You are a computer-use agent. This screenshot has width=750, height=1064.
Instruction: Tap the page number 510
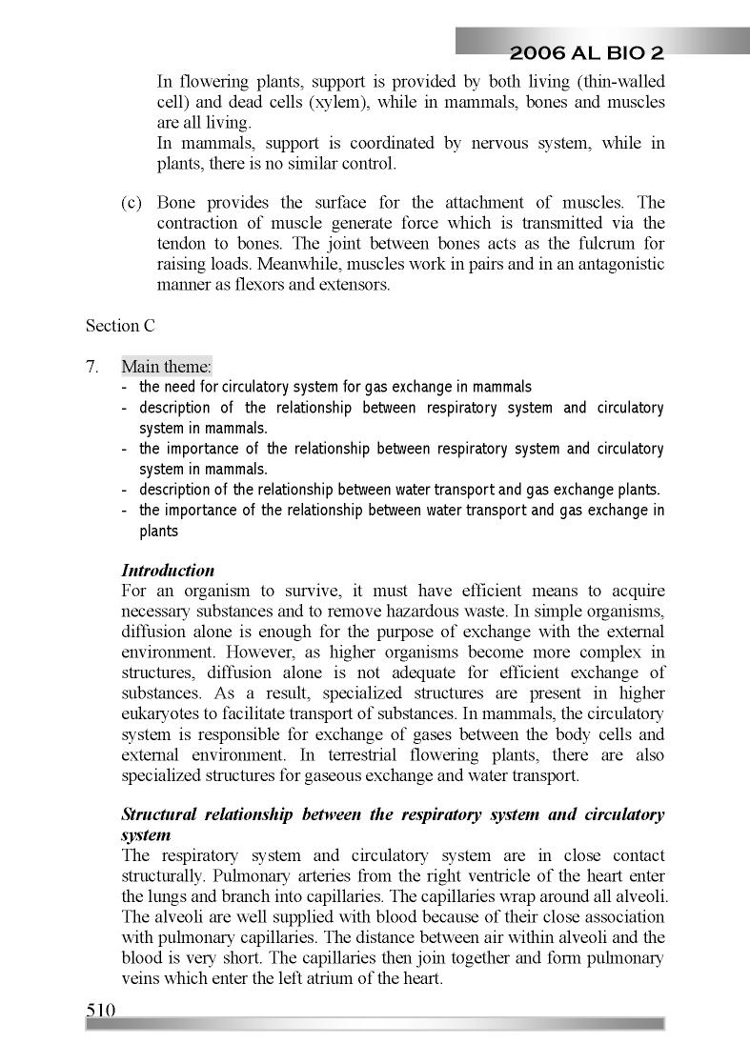pyautogui.click(x=100, y=1010)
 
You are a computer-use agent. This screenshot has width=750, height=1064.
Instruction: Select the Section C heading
pyautogui.click(x=120, y=326)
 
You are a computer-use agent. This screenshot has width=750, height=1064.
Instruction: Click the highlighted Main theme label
pyautogui.click(x=167, y=367)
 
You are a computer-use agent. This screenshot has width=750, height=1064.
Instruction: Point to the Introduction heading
pyautogui.click(x=168, y=571)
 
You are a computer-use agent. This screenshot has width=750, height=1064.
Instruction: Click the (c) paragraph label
pyautogui.click(x=132, y=203)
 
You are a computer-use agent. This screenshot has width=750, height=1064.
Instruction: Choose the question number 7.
pyautogui.click(x=92, y=367)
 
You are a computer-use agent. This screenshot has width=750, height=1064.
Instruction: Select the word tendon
pyautogui.click(x=181, y=244)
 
